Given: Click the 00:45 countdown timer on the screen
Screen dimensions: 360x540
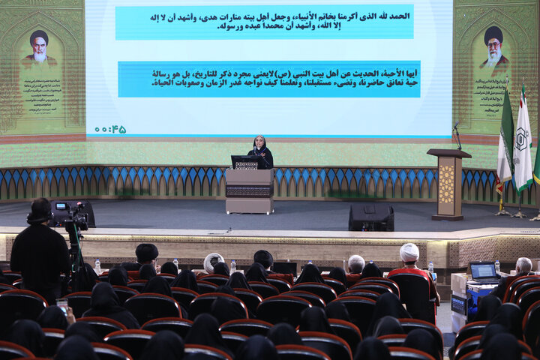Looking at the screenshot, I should point(110,129).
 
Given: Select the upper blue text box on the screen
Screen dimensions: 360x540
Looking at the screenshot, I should point(264,22).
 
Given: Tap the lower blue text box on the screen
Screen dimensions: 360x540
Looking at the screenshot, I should point(268,79).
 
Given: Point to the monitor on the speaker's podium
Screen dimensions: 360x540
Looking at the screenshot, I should point(247,162).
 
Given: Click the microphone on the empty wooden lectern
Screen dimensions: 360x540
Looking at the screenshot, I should point(456,135).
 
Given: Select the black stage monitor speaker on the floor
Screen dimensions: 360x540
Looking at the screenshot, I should point(370,217).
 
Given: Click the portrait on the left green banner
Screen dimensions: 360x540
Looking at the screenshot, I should point(39,49).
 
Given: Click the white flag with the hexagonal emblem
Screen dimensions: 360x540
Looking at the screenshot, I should point(523,142).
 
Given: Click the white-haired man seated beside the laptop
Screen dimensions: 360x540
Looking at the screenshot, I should point(522,268).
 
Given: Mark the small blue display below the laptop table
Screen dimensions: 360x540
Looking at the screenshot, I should point(458,304).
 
